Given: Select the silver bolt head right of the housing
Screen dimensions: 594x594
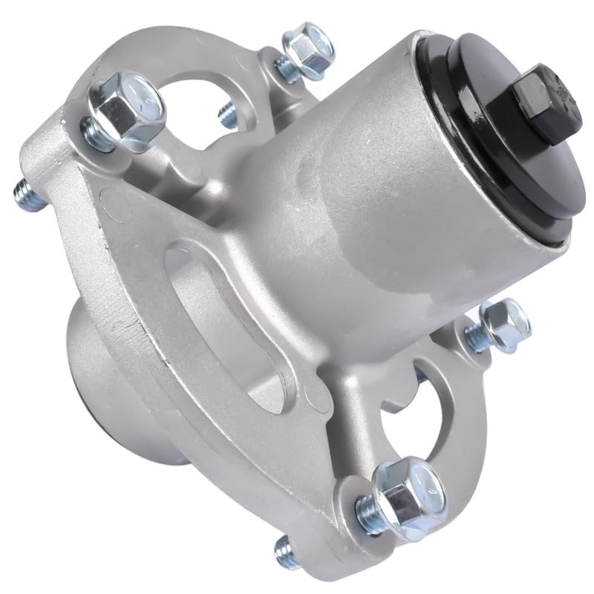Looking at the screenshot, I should tap(505, 321).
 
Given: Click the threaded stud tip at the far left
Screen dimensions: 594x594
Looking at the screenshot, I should tap(22, 195).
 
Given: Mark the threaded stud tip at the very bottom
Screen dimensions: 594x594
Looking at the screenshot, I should tap(284, 550).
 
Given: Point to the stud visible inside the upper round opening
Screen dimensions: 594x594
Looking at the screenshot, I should tap(224, 113).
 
